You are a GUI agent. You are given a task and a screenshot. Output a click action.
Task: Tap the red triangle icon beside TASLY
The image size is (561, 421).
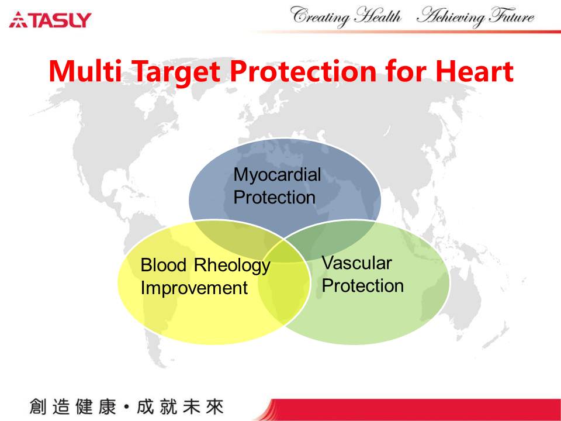tap(18, 20)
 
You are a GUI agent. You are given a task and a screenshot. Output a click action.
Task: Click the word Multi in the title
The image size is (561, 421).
tap(85, 71)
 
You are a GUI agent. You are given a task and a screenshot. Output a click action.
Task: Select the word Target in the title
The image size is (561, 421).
tap(176, 73)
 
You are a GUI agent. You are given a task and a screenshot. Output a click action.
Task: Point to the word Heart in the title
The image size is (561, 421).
tap(474, 71)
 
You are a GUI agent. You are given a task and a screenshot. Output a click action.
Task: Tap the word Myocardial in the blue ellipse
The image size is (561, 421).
tap(277, 175)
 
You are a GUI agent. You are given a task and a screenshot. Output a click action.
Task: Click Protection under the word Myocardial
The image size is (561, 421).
tap(275, 197)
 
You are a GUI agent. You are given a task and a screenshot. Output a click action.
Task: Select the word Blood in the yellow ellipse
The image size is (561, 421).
tap(164, 265)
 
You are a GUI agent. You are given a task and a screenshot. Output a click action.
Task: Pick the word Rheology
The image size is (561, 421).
tap(232, 266)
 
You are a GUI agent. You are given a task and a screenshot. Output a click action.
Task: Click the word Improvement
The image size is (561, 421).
tap(194, 288)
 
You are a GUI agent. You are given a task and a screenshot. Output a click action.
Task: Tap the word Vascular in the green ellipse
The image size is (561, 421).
tap(356, 263)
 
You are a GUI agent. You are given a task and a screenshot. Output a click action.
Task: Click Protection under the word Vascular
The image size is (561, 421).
tap(363, 286)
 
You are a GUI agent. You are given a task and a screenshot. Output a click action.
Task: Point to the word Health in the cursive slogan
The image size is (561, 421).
tap(378, 16)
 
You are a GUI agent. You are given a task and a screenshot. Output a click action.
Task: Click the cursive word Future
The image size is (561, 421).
tap(512, 16)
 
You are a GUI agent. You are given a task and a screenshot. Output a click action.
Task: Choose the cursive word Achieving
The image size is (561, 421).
tap(452, 17)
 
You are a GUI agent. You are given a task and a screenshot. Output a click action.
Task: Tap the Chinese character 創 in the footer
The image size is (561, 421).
tap(37, 407)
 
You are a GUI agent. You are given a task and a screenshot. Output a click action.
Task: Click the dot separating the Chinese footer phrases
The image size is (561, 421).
tap(126, 407)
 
